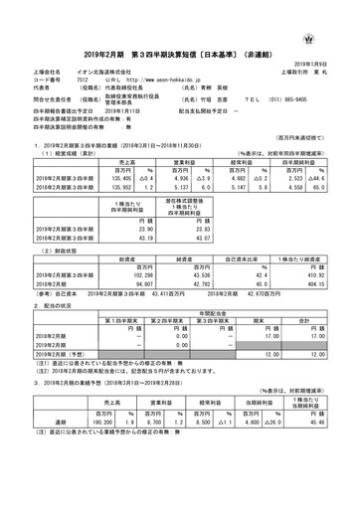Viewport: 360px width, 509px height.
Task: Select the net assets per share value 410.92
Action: pyautogui.click(x=319, y=244)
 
